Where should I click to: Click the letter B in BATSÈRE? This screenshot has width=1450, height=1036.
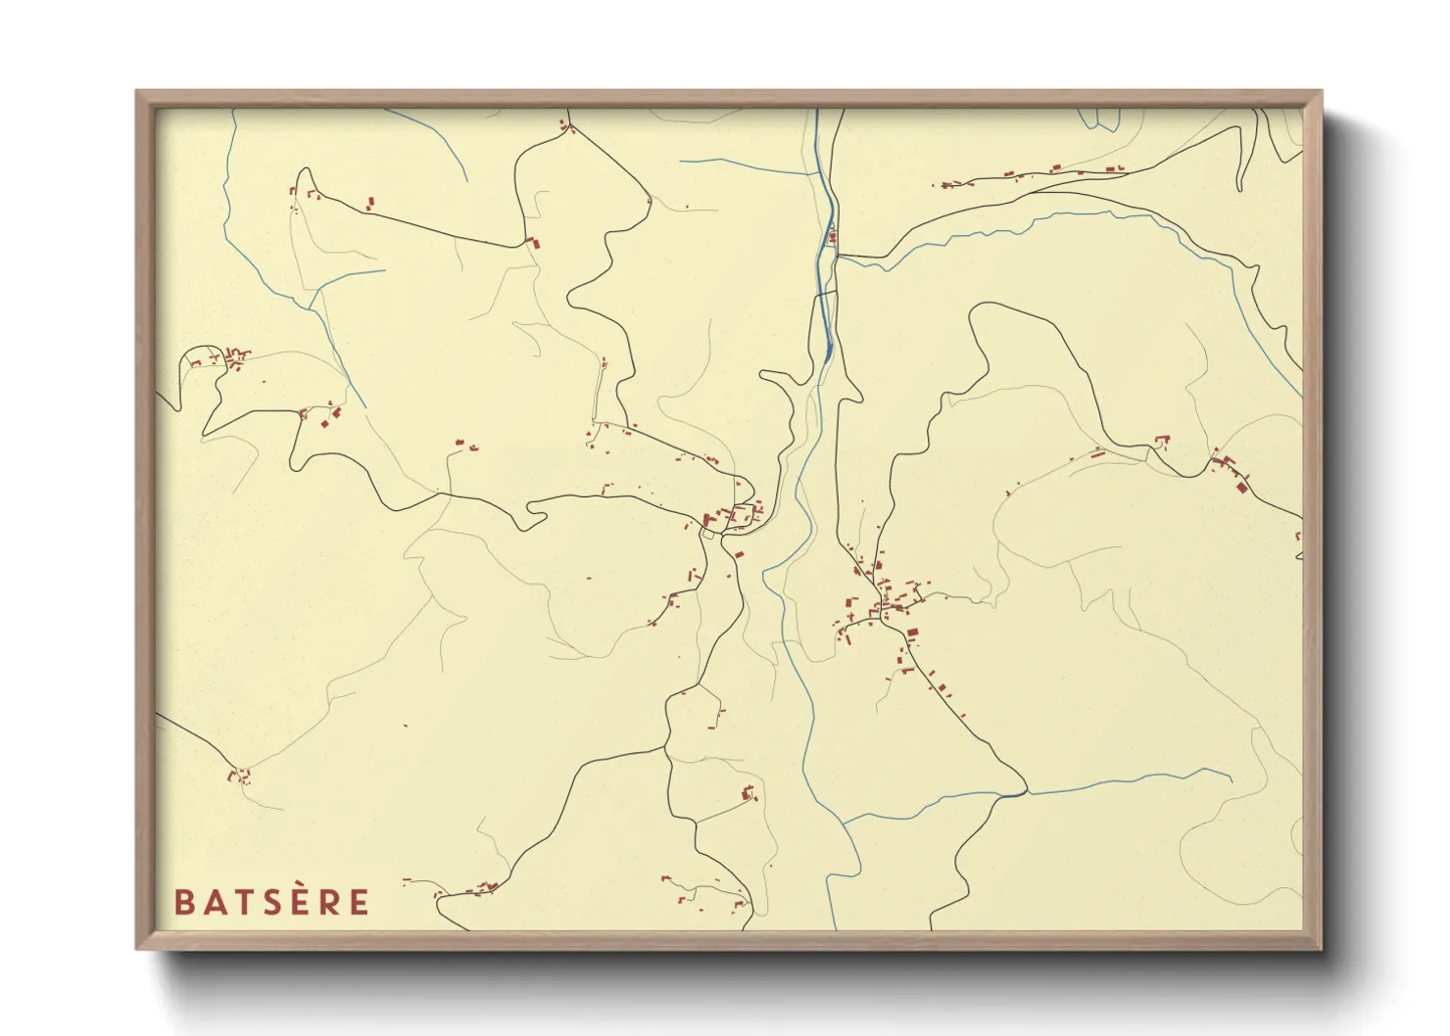(x=182, y=902)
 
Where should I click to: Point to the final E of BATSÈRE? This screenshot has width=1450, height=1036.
(x=360, y=902)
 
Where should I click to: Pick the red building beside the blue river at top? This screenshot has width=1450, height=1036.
(x=832, y=236)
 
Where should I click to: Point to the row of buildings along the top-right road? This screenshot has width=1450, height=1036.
(x=1029, y=175)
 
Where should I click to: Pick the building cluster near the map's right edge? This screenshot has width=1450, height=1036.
(x=1232, y=471)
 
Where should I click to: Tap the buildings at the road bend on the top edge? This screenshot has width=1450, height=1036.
(x=564, y=124)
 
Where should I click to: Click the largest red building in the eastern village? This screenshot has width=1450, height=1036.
(x=912, y=634)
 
